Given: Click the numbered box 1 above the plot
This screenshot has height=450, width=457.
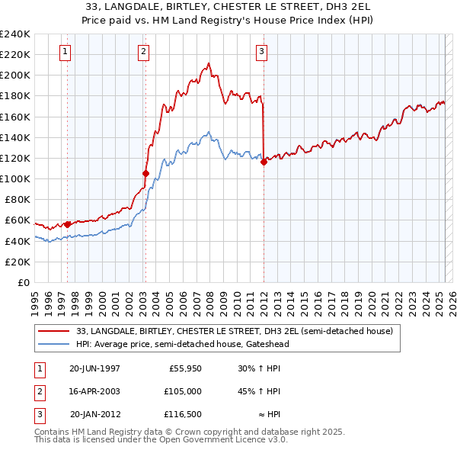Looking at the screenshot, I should [x=65, y=52].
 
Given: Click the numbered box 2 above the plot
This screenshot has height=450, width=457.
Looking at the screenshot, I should [x=143, y=52].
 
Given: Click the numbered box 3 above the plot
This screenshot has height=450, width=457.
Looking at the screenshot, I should [x=261, y=52].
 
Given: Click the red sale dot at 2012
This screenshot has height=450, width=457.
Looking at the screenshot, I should [x=264, y=162].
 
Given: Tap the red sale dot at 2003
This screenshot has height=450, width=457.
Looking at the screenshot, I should [x=145, y=173].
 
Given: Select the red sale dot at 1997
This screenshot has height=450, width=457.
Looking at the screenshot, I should [x=67, y=224].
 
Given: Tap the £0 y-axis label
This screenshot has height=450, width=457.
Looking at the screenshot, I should [x=23, y=282].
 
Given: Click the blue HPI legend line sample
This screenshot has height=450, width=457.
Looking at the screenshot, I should [x=54, y=344].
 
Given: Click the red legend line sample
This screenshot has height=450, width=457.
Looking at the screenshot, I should [x=54, y=331].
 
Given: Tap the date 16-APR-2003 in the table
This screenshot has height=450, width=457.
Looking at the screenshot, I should [x=94, y=391].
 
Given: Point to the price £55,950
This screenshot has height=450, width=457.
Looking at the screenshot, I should [x=185, y=368].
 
